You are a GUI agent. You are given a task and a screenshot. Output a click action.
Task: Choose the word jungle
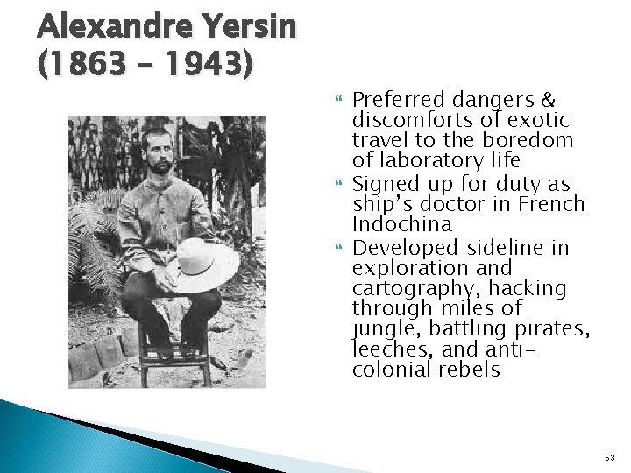point(378,329)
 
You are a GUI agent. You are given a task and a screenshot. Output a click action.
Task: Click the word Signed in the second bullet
point(382,184)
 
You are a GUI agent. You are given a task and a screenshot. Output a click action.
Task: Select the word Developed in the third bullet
point(399,248)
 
